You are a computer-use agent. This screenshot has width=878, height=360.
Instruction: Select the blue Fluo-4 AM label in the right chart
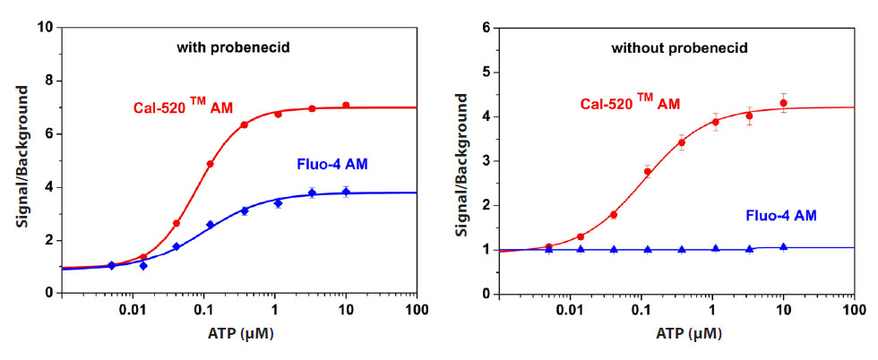[x=780, y=215]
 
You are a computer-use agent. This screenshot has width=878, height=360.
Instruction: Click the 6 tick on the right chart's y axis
[x=487, y=28]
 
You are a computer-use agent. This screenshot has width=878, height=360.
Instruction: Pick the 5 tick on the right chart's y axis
[x=487, y=73]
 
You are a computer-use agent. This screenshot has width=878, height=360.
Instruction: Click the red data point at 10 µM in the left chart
[x=346, y=106]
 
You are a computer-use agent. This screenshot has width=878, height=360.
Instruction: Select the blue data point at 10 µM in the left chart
[x=346, y=192]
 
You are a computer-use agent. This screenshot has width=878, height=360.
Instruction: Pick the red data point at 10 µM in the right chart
[x=783, y=103]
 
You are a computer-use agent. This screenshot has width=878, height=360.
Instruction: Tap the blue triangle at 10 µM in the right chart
[x=783, y=247]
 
